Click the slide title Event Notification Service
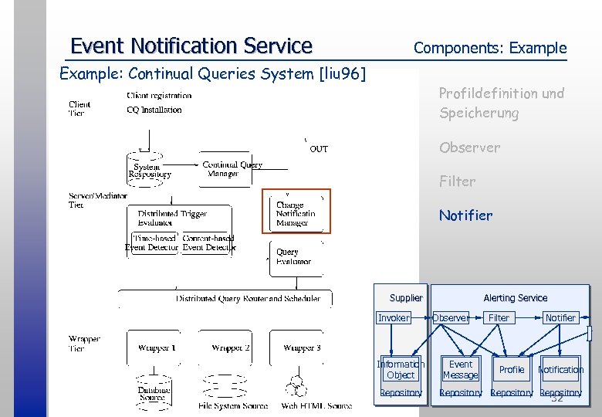[191, 46]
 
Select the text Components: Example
[489, 48]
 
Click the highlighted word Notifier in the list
[465, 215]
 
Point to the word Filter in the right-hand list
[457, 181]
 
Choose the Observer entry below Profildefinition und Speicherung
[469, 147]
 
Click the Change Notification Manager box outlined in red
[296, 212]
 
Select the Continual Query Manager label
[232, 169]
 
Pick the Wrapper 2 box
[230, 348]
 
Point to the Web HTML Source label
[316, 406]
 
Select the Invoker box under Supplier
[394, 318]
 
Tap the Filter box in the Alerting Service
[499, 318]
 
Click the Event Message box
[460, 370]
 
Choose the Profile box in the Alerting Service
[511, 370]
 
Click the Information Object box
[401, 370]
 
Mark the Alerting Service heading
[515, 298]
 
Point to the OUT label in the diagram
[318, 149]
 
